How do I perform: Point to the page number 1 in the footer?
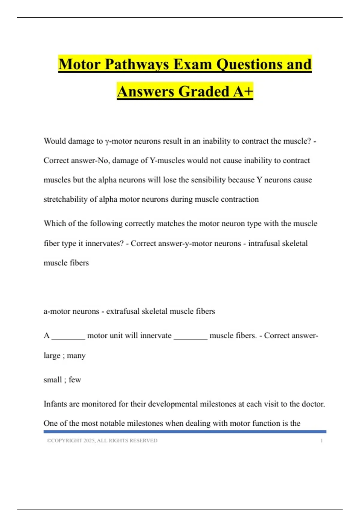tap(321, 441)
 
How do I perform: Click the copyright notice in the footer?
tap(102, 441)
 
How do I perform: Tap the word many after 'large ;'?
tap(76, 356)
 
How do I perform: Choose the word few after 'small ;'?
tap(75, 380)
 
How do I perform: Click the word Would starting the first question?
tap(55, 141)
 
